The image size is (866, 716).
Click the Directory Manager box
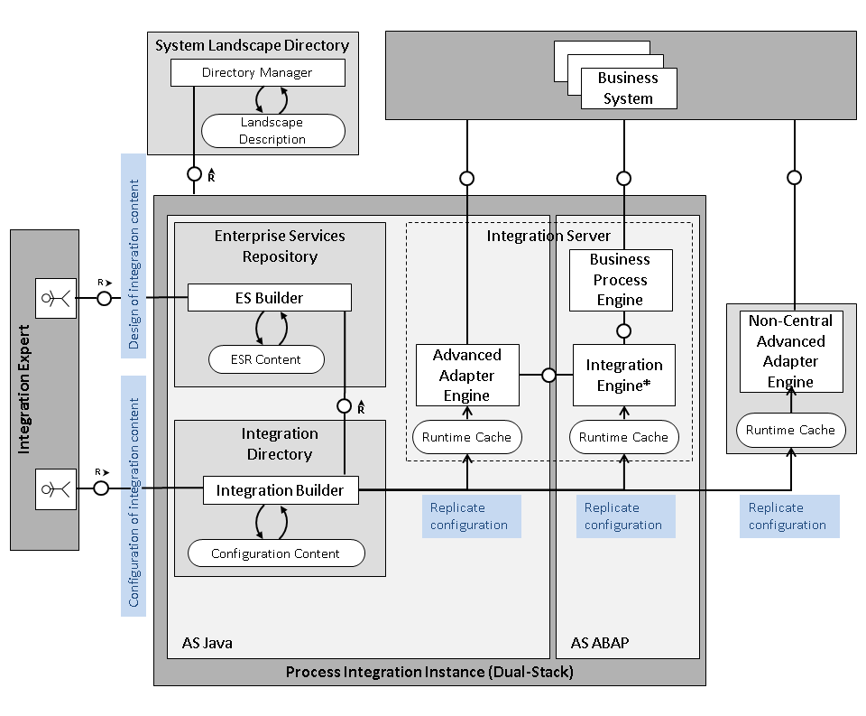(x=257, y=73)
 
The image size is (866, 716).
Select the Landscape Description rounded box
(x=272, y=131)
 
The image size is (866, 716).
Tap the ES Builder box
(x=269, y=298)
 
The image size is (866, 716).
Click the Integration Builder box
(x=280, y=490)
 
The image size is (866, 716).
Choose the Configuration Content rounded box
(x=275, y=553)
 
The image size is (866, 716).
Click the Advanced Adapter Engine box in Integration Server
(x=466, y=375)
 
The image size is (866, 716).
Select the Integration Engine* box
(x=623, y=375)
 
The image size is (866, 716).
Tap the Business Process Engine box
(x=620, y=279)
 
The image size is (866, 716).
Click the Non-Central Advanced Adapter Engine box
(x=790, y=351)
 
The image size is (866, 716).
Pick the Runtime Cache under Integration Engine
(x=623, y=437)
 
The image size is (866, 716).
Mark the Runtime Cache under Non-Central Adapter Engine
(x=790, y=430)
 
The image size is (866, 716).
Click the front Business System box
(x=628, y=88)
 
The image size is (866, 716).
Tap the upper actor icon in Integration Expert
(x=56, y=299)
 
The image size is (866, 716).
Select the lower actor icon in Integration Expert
(x=56, y=488)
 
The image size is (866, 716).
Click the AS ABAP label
(x=600, y=644)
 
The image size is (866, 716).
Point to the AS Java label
(x=207, y=644)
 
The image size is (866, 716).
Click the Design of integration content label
(x=134, y=255)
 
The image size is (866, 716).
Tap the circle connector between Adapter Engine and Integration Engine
(x=548, y=375)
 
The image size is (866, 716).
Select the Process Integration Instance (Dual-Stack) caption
(x=428, y=672)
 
